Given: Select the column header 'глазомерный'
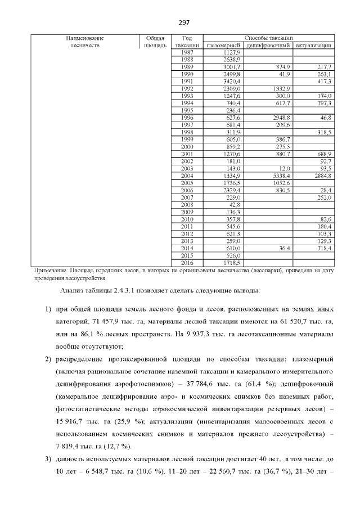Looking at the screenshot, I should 224,45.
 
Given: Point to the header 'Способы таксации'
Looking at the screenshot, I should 268,38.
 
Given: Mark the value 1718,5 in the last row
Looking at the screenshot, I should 231,262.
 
